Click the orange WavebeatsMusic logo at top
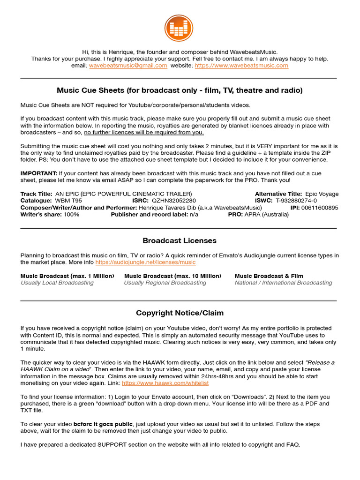[x=179, y=28]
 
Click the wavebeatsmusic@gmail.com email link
[x=128, y=66]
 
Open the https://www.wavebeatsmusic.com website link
[x=241, y=66]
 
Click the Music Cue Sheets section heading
[x=180, y=90]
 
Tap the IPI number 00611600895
[x=319, y=208]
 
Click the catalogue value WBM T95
[x=68, y=201]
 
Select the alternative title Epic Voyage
[x=322, y=194]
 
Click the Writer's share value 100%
[x=71, y=214]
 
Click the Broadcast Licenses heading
[x=180, y=240]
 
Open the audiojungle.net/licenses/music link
[x=146, y=262]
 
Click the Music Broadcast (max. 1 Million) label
[x=67, y=276]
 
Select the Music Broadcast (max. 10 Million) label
[x=173, y=276]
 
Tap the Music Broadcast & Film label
[x=269, y=276]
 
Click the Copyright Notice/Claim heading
[x=180, y=313]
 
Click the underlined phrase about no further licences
[x=144, y=132]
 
